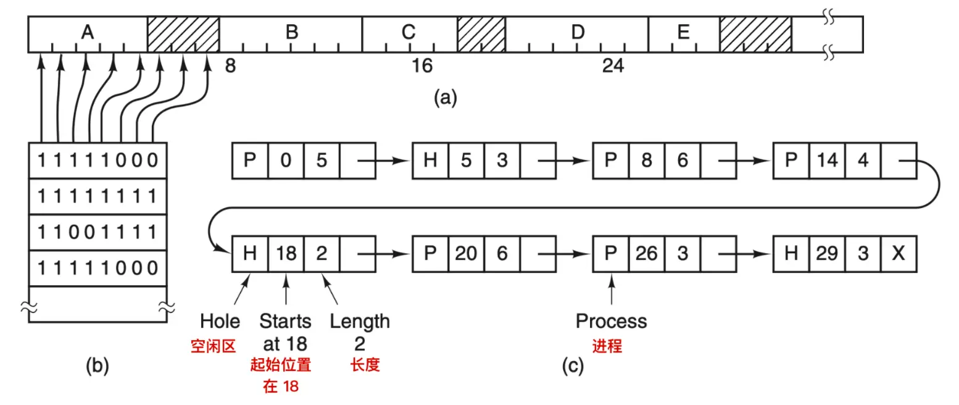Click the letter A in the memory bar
pos(87,33)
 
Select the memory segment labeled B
pos(292,33)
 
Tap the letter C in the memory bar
pos(408,33)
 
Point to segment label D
pos(577,33)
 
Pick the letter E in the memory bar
pos(683,33)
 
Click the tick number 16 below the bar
pos(422,66)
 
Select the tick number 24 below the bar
pos(613,66)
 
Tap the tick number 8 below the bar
pos(230,66)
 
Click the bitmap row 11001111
pos(98,232)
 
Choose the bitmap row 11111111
pos(98,196)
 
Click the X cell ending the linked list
pos(899,253)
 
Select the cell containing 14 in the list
pos(827,161)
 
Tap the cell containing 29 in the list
pos(827,253)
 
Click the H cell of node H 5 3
pos(430,161)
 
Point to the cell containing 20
pos(466,253)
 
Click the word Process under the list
pos(611,321)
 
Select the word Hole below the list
pos(220,321)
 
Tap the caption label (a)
pos(445,98)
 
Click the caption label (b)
pos(97,367)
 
